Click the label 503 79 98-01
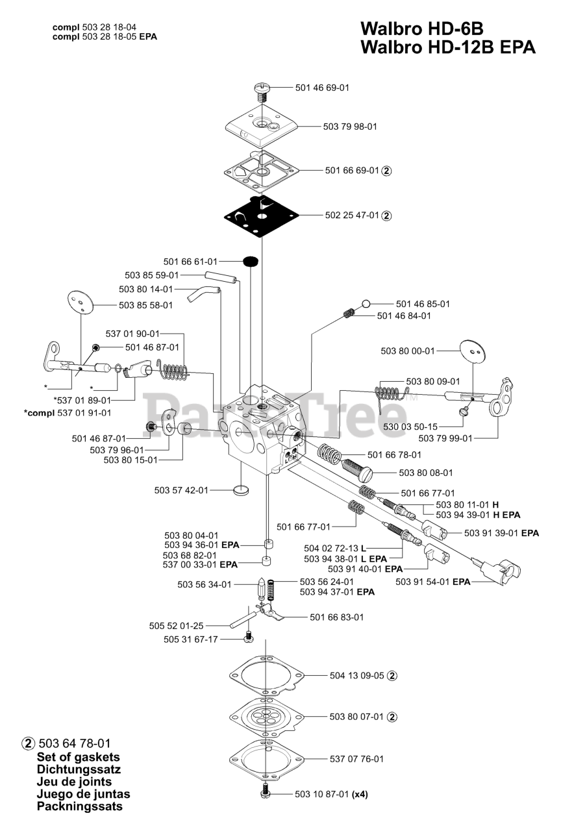350,127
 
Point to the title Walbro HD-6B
421,29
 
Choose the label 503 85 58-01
146,304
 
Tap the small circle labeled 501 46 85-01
366,303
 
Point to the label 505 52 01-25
177,626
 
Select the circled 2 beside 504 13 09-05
392,675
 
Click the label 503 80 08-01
426,473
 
